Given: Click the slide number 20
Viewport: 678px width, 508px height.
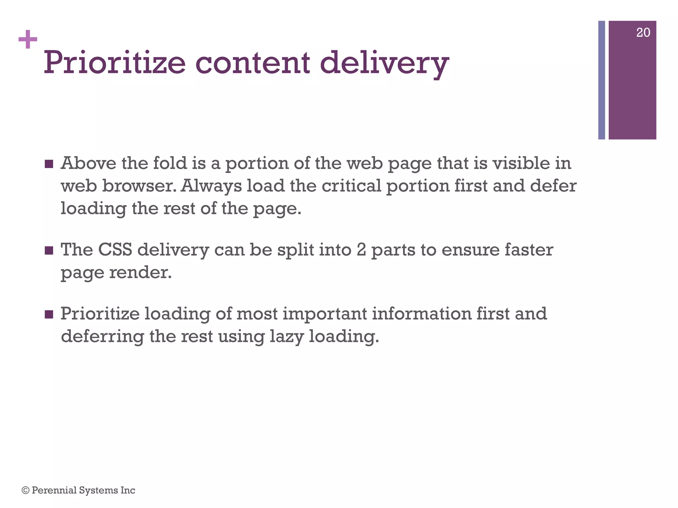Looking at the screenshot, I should pos(643,33).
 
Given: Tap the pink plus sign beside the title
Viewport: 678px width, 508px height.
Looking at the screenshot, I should pos(28,40).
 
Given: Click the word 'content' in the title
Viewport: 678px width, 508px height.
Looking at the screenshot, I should pos(253,63).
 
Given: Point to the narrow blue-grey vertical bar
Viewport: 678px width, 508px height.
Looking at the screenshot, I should pos(602,80).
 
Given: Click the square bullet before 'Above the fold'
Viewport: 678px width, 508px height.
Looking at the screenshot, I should pos(49,164).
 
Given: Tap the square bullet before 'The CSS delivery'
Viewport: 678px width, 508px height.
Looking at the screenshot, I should pos(49,250).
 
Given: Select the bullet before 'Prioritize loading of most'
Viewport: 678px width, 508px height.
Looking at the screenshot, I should pos(49,314).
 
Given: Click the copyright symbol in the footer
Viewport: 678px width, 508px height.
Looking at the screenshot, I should pos(25,490).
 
